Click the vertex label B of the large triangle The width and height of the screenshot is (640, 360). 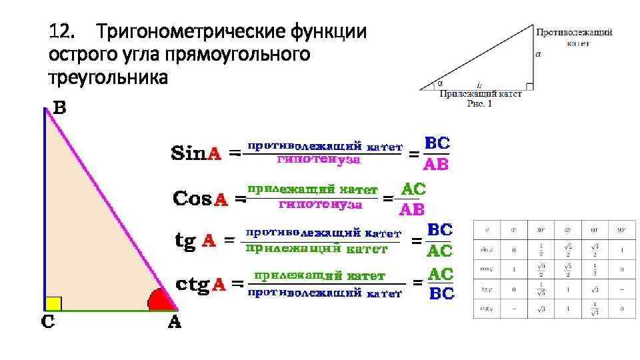(x=59, y=108)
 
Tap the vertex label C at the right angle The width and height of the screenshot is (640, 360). (x=49, y=322)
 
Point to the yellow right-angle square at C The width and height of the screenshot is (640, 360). (x=53, y=303)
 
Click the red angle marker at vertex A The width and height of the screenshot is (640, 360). (x=160, y=302)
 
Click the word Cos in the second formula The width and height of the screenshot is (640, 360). (x=191, y=198)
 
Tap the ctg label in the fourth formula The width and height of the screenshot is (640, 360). (x=192, y=284)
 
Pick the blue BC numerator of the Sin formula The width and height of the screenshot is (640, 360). (x=437, y=143)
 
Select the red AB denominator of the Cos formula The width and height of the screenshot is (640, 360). (x=411, y=209)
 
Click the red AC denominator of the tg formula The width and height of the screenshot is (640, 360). (x=439, y=251)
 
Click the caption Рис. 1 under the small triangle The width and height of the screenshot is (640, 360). (x=479, y=104)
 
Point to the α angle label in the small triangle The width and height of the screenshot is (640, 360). (x=440, y=84)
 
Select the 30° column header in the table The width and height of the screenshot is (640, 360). (x=541, y=230)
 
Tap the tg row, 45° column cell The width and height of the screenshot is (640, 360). (x=567, y=289)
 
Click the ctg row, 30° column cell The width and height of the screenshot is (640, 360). (x=541, y=309)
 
